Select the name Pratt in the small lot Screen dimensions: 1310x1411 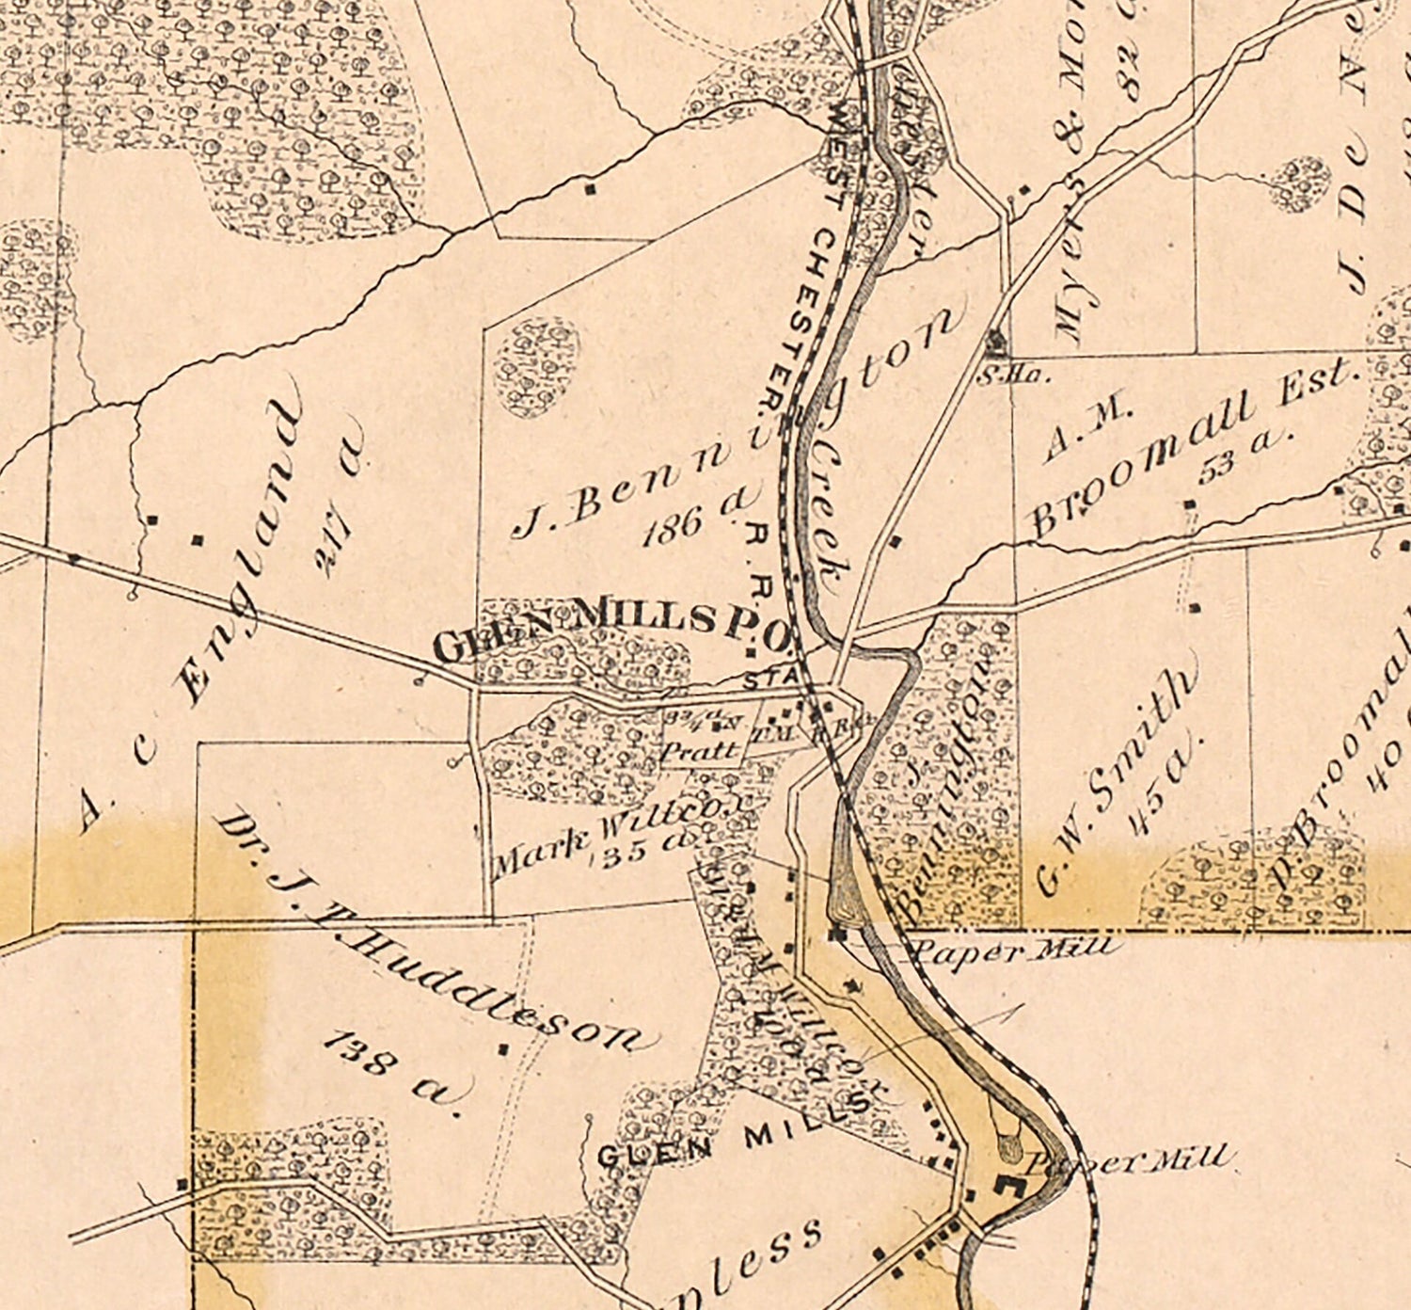699,751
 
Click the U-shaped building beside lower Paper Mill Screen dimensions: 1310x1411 1011,1188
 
